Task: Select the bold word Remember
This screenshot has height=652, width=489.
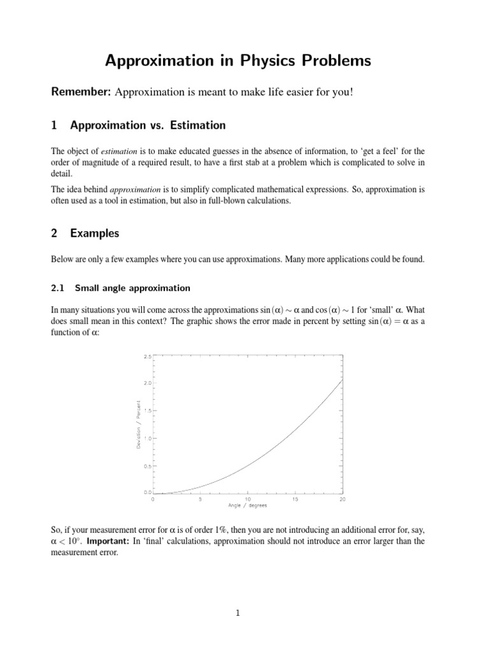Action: pyautogui.click(x=80, y=93)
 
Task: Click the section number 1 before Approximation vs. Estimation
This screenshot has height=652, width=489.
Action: pyautogui.click(x=53, y=125)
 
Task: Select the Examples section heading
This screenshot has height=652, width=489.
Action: pyautogui.click(x=94, y=234)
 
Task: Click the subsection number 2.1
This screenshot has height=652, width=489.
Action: pyautogui.click(x=58, y=288)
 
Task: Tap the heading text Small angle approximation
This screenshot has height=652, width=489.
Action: pyautogui.click(x=132, y=288)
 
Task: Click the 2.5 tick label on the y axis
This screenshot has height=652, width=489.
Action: pyautogui.click(x=147, y=357)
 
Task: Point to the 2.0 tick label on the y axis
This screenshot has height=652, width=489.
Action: pyautogui.click(x=147, y=383)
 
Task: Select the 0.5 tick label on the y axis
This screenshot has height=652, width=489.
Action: pyautogui.click(x=147, y=466)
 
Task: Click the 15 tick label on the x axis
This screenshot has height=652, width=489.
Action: pyautogui.click(x=295, y=499)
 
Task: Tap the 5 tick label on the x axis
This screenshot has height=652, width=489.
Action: pyautogui.click(x=200, y=499)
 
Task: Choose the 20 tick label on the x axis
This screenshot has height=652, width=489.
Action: pyautogui.click(x=342, y=499)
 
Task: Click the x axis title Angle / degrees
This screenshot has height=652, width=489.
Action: pyautogui.click(x=248, y=506)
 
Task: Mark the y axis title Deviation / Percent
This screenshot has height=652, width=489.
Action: pyautogui.click(x=139, y=424)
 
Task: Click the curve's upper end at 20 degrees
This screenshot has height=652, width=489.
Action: pyautogui.click(x=343, y=379)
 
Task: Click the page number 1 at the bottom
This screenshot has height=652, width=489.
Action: pyautogui.click(x=237, y=614)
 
